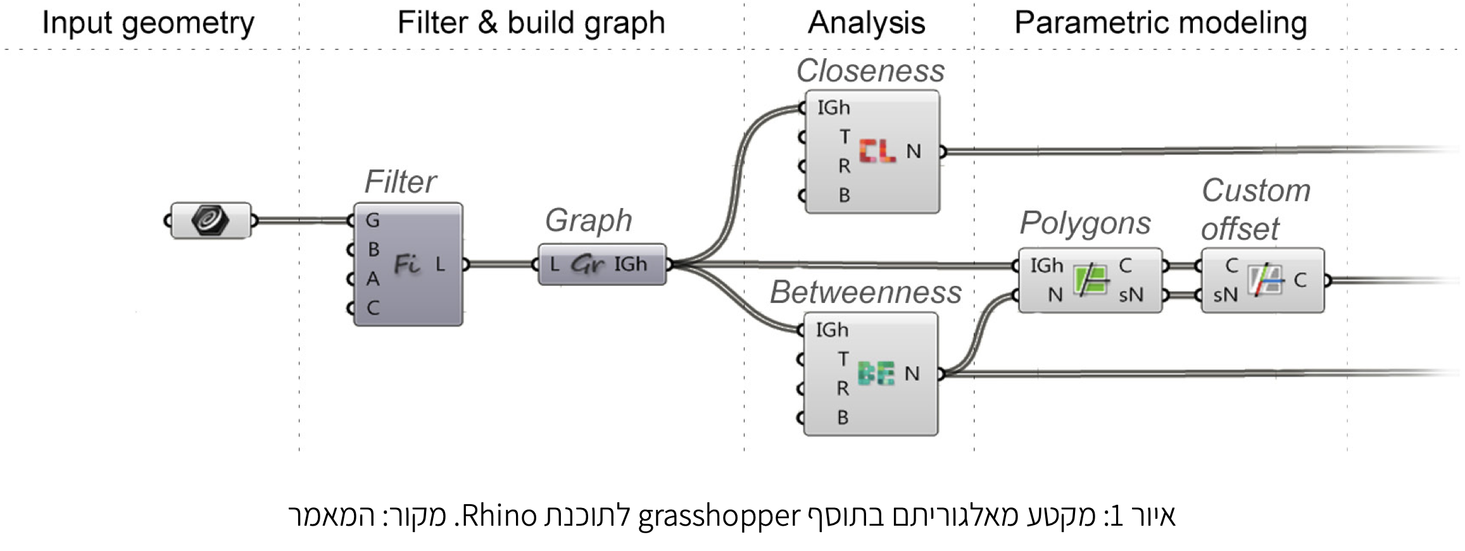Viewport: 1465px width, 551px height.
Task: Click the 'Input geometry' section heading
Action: [x=148, y=23]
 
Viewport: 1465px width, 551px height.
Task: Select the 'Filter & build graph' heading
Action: [x=531, y=23]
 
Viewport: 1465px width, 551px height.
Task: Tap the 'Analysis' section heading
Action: [x=866, y=23]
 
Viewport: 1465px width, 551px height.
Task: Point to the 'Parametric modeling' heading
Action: [x=1160, y=23]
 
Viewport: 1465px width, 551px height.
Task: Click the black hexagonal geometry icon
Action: [x=210, y=220]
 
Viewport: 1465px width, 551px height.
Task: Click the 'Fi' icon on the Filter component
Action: [x=407, y=264]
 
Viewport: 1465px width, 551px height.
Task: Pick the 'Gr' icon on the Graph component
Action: [x=588, y=264]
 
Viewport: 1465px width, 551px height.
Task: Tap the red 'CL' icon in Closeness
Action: [x=877, y=151]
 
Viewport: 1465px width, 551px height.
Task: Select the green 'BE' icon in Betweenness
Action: [x=876, y=373]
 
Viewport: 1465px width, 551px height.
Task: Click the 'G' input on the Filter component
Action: [x=372, y=220]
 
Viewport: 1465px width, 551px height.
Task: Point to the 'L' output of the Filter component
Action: [x=441, y=264]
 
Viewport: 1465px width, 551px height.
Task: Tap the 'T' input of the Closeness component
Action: [x=845, y=137]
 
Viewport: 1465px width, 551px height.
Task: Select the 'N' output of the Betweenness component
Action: [x=912, y=374]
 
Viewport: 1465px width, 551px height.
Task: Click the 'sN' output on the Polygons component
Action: [x=1131, y=295]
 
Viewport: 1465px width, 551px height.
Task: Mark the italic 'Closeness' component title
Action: [x=870, y=71]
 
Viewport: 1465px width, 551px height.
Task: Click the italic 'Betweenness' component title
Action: [x=865, y=292]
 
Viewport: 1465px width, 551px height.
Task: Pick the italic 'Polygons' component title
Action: [x=1085, y=223]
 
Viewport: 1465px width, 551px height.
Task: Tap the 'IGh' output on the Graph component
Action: [x=631, y=264]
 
